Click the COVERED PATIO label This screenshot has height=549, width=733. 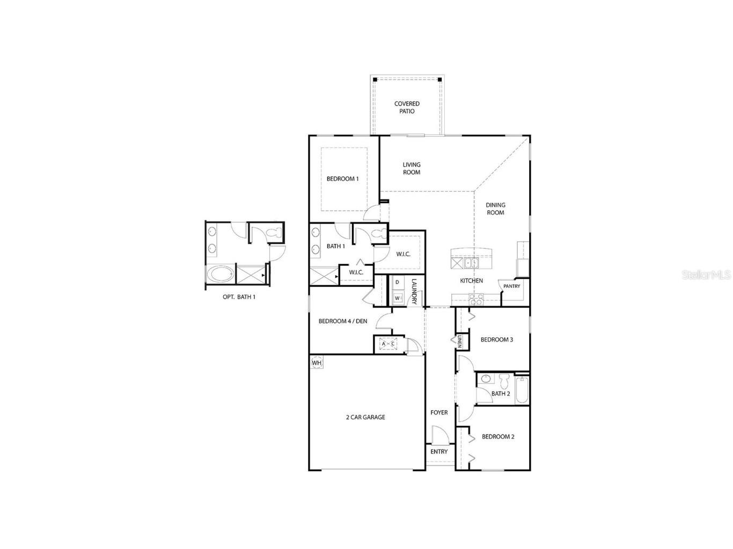tap(407, 107)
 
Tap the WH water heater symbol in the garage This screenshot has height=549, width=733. tap(317, 363)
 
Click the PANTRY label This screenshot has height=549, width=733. tap(511, 286)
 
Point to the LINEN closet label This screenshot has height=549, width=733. tap(459, 342)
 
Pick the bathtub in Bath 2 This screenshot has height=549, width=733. tap(521, 390)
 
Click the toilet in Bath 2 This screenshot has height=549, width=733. tap(504, 381)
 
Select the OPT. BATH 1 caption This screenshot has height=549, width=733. tap(239, 296)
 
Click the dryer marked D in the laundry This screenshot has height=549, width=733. tap(398, 282)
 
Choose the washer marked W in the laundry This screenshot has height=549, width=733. tap(398, 298)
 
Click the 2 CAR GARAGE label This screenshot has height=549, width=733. tap(365, 417)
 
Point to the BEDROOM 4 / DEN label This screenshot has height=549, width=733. tap(342, 321)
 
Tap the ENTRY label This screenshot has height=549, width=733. tap(439, 451)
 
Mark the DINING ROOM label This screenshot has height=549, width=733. tap(495, 209)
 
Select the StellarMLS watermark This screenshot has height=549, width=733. tap(706, 274)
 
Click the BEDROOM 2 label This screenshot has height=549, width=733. tap(497, 436)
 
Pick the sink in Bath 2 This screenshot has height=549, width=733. tap(486, 379)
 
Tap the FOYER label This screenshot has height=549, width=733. tap(439, 412)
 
